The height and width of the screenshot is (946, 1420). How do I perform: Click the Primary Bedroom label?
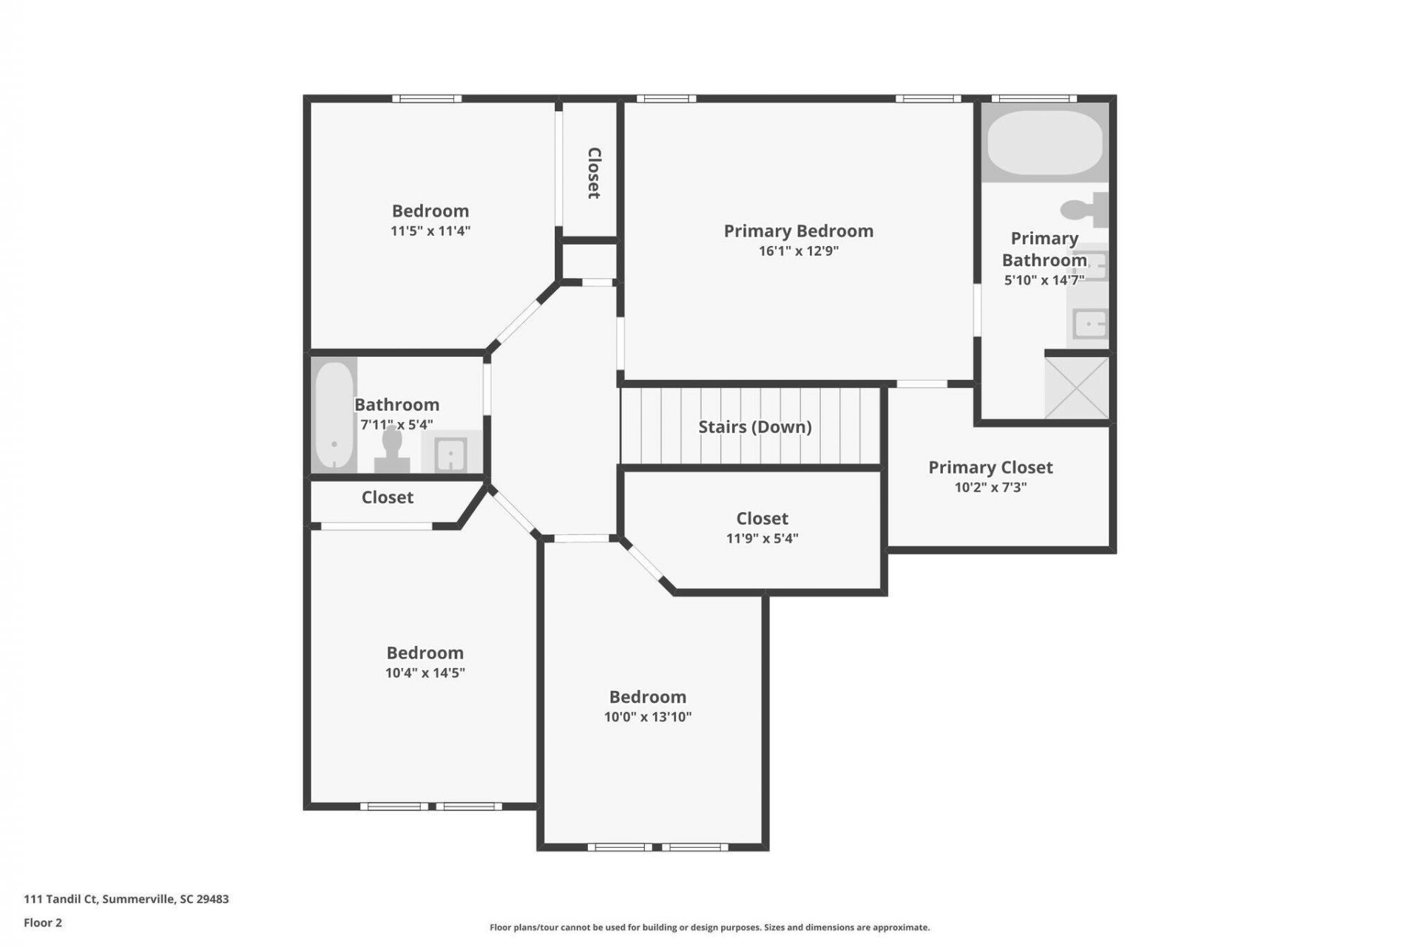798,231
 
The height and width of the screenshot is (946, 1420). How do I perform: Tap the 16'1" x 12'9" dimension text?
798,251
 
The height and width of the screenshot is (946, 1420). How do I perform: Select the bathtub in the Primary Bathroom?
1045,143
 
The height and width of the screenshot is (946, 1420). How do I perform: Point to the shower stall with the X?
1077,388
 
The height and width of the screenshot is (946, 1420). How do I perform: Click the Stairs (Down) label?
755,427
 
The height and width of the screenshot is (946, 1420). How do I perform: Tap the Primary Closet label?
990,468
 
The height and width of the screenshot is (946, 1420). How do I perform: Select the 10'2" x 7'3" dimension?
990,488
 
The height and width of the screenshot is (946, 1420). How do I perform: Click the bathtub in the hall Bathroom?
334,415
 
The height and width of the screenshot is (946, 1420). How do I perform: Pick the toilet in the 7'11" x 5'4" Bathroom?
392,450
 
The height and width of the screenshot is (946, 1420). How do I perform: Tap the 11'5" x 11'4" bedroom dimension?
430,231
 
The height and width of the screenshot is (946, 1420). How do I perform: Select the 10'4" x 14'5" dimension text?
425,673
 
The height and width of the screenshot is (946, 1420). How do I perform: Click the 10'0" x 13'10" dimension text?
648,717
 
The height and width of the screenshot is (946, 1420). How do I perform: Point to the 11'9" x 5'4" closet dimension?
763,539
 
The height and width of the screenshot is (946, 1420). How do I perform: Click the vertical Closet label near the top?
594,173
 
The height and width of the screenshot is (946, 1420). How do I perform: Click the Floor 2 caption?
43,922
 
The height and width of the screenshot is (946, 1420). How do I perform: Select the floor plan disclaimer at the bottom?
710,928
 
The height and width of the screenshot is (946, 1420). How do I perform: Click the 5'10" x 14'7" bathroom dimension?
1044,281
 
